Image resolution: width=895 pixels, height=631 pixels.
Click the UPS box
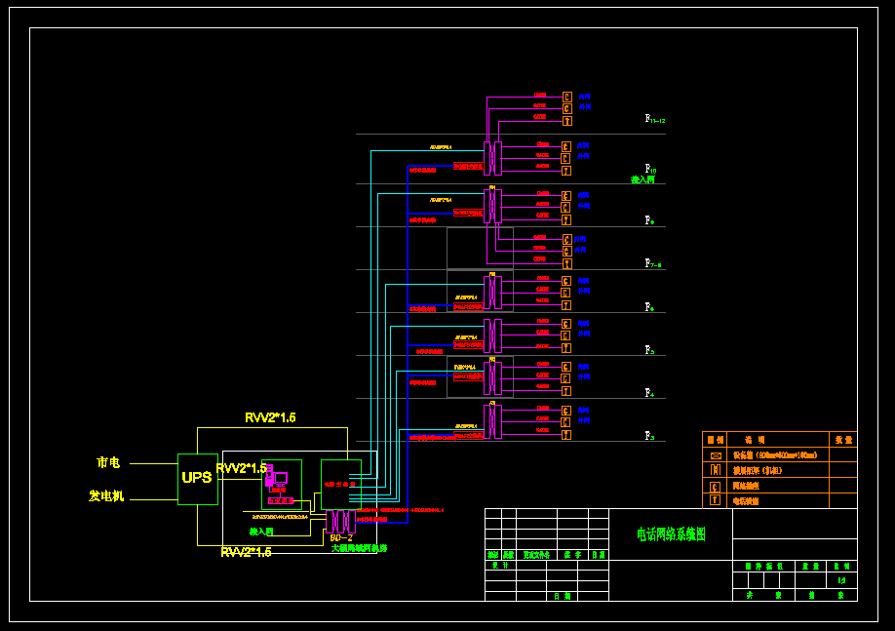coord(197,478)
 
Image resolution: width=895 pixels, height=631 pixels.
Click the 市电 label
coord(108,462)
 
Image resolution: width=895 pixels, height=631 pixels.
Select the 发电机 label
coord(106,496)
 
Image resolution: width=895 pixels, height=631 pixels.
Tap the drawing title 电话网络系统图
coord(671,534)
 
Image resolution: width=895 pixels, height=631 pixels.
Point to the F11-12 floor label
coord(654,119)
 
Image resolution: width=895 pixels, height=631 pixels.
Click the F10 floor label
coord(650,169)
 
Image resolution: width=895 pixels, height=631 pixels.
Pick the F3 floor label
coord(649,436)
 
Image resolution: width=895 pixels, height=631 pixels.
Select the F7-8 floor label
coord(653,263)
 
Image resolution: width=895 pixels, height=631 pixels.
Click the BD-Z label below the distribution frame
coord(341,537)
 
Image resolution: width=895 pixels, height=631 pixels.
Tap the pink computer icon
coord(280,479)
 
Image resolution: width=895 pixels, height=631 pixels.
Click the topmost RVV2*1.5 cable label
coord(270,417)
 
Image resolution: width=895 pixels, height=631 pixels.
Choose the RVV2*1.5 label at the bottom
coord(246,552)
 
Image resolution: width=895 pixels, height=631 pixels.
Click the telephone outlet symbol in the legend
coord(716,500)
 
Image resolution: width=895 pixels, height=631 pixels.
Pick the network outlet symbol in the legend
coord(716,485)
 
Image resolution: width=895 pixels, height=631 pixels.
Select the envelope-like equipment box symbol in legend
coord(716,455)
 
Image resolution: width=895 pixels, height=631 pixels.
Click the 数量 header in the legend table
coord(842,440)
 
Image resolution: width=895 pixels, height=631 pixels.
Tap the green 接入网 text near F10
coord(642,180)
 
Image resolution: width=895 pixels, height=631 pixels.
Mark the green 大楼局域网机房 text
coord(359,548)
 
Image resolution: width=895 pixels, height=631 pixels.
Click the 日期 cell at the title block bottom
coord(563,595)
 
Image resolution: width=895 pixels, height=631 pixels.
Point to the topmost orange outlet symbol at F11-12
coord(567,97)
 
